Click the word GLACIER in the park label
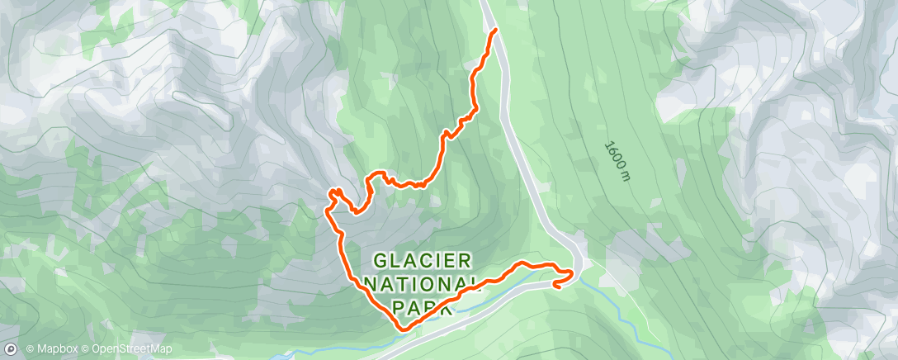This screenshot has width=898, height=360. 423,261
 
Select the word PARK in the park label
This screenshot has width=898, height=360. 423,307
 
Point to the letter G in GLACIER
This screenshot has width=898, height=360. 380,261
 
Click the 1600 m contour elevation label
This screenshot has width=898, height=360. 616,162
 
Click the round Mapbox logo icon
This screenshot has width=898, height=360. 12,348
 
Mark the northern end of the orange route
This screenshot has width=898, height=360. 495,30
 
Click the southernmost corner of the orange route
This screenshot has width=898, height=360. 403,329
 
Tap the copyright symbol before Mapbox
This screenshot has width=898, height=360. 30,349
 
